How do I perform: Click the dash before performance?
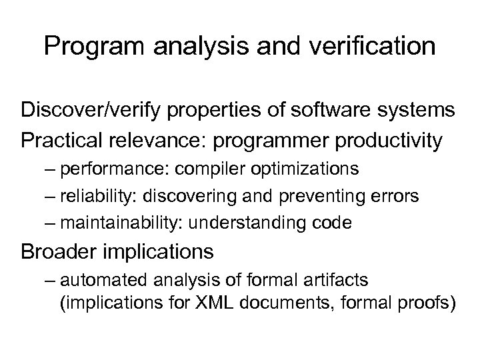[x=52, y=169]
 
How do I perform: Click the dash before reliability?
[x=52, y=195]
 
